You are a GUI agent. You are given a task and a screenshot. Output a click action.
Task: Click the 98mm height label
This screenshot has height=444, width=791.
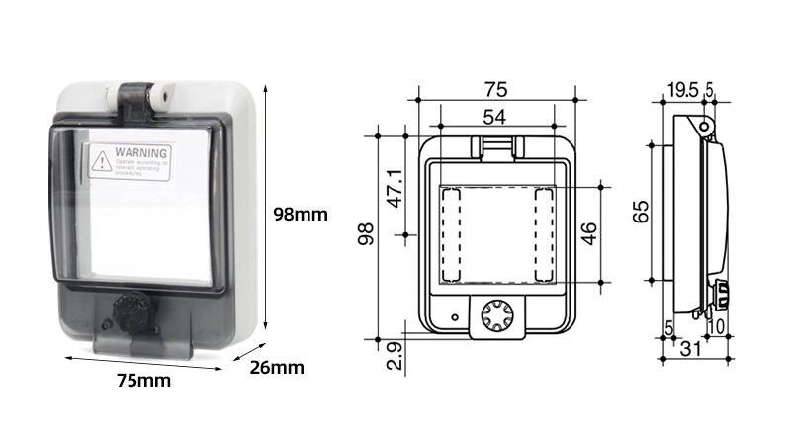pos(300,213)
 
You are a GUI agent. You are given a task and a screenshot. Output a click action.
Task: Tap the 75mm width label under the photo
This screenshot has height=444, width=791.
pos(142,380)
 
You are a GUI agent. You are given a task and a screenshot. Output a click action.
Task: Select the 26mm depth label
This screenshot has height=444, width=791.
pos(276,368)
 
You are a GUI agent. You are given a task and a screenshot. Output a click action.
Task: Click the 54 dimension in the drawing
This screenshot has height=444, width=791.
pos(496,117)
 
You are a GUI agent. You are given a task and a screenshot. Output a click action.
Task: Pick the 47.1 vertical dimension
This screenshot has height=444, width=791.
pos(395,187)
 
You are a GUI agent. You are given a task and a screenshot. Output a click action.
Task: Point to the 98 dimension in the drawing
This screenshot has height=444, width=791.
pos(367,234)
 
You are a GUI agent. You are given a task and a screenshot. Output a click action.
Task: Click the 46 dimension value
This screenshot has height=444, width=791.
pos(588,233)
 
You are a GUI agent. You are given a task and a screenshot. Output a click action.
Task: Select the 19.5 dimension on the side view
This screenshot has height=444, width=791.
pos(681,90)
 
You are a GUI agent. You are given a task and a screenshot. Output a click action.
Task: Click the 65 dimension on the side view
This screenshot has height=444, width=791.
pos(642,212)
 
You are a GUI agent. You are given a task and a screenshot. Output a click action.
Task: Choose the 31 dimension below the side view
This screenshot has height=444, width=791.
pos(690,347)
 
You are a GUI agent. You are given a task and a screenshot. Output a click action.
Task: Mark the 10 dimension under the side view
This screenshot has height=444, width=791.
pos(717,326)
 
